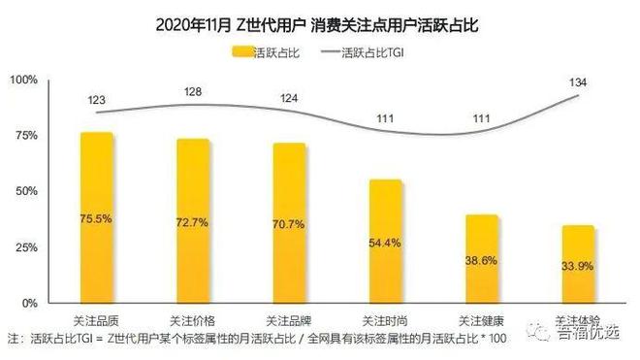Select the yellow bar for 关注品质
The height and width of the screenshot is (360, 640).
tap(97, 217)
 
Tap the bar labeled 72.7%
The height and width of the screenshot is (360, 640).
tap(193, 220)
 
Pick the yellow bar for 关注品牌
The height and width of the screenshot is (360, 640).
tap(289, 222)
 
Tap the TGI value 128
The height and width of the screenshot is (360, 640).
tap(194, 91)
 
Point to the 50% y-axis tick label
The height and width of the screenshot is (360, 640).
tap(25, 191)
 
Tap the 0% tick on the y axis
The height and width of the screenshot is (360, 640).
tap(29, 303)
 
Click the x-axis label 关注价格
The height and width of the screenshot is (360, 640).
tap(193, 319)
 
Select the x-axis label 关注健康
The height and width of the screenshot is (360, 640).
tap(481, 319)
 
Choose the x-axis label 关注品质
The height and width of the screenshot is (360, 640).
tap(97, 319)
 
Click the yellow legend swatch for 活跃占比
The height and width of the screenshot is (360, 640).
tap(241, 51)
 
